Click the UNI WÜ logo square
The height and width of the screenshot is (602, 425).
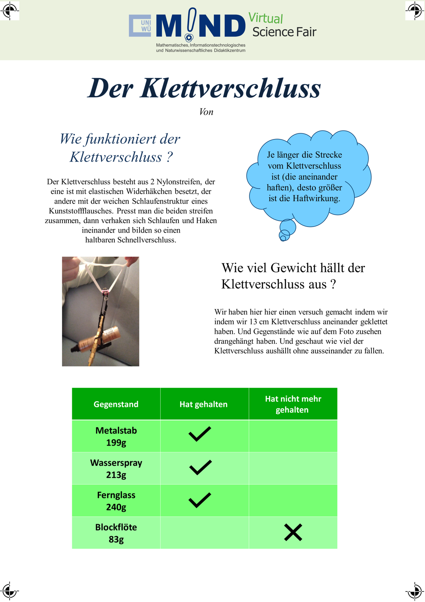140,26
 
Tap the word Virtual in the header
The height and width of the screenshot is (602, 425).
266,18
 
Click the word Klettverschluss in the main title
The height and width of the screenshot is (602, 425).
230,88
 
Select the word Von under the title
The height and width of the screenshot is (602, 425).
206,112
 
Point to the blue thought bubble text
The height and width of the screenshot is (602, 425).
304,176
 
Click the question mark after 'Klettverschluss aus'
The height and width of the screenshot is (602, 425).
333,284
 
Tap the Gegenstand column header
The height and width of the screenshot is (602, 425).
116,404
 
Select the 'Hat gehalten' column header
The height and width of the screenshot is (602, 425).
204,404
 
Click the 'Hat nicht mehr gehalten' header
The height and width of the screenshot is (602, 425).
293,404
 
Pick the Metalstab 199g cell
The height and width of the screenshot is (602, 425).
116,436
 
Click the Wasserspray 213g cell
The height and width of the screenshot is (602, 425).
116,469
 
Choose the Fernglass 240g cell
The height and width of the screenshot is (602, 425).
116,501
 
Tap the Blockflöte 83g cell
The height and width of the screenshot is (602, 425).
116,533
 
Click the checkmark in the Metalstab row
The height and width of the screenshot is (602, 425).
200,434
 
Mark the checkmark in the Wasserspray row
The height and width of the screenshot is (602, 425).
200,467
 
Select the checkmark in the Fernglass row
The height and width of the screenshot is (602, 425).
200,500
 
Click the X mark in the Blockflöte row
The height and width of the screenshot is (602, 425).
293,532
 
